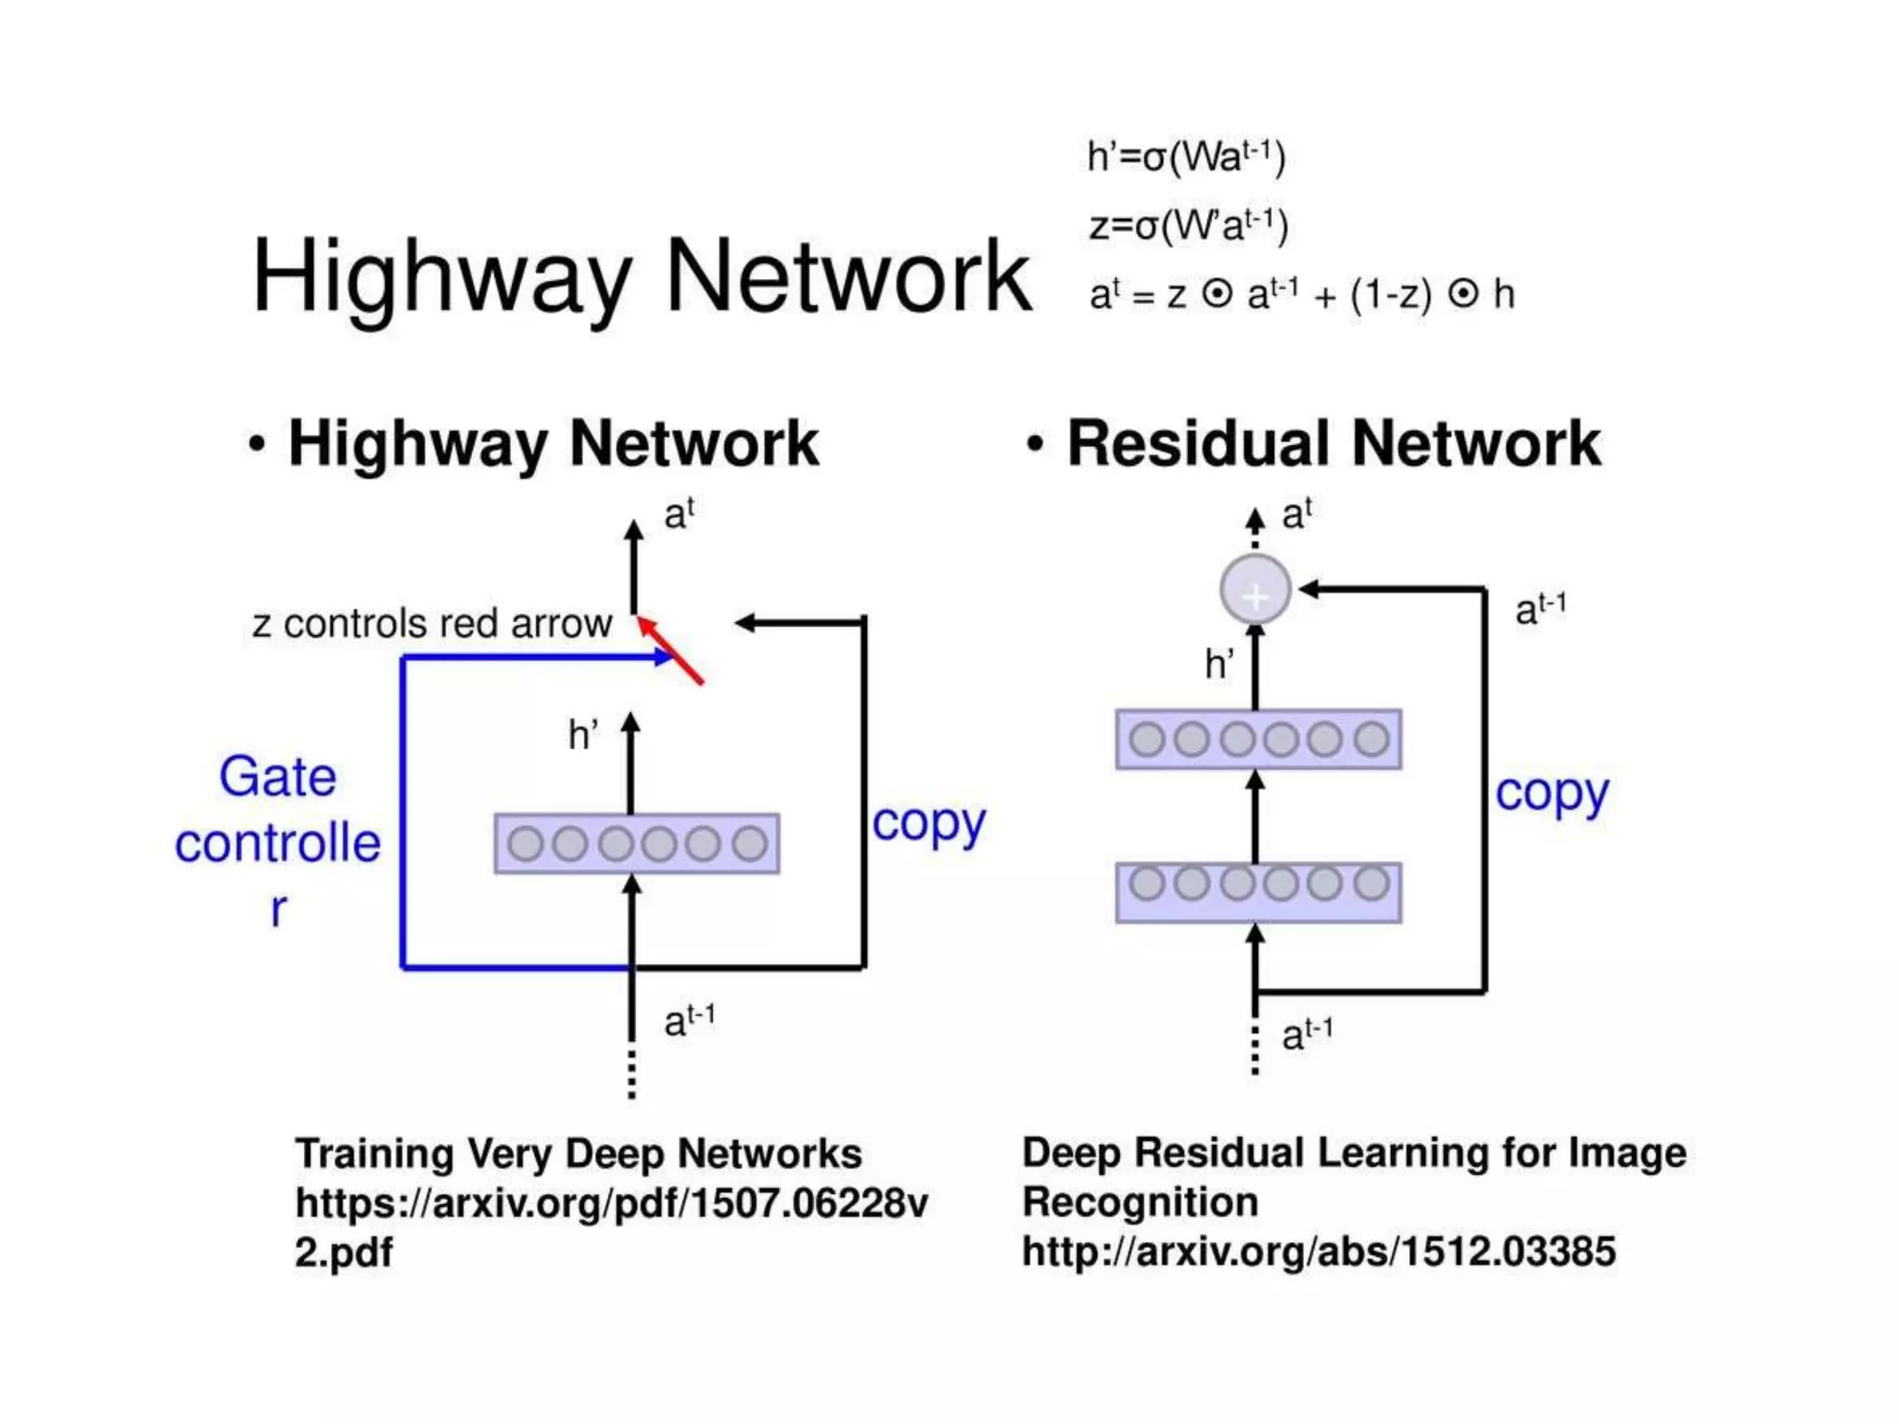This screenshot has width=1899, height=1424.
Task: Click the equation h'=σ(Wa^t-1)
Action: [1186, 157]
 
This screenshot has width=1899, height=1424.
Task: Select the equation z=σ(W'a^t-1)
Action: [1188, 225]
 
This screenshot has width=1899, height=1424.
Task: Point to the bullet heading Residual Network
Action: [1333, 443]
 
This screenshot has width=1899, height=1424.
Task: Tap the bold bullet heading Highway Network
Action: [554, 443]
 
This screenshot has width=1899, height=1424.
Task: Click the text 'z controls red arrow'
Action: [432, 624]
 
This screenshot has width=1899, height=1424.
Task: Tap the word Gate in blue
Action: [277, 776]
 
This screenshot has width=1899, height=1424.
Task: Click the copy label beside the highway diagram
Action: [928, 823]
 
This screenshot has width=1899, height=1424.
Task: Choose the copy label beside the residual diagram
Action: [1551, 794]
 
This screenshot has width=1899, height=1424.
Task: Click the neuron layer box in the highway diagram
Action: [637, 844]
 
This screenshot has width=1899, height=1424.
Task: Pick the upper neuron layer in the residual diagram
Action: [1258, 740]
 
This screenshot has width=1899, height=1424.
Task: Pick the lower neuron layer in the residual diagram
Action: [1258, 893]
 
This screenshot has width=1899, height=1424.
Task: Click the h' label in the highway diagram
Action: [582, 735]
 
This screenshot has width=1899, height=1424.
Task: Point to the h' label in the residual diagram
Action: [1218, 664]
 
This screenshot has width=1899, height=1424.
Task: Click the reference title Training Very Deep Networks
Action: [579, 1154]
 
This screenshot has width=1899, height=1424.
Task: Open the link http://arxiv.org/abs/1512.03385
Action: [1319, 1252]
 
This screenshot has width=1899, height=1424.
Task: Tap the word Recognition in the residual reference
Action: [1140, 1202]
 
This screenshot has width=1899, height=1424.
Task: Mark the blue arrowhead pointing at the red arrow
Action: [664, 657]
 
